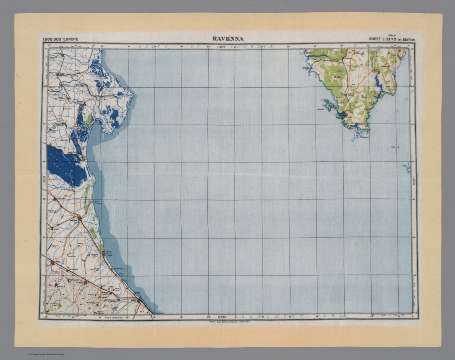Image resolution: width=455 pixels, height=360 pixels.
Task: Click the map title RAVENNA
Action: click(228, 39)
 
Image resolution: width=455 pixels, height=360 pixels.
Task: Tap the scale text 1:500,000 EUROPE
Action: click(60, 39)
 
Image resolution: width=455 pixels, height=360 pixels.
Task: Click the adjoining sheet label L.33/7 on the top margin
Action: click(221, 47)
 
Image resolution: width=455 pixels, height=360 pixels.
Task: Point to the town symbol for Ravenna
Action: click(79, 219)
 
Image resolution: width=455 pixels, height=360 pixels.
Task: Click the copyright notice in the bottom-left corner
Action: click(46, 354)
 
